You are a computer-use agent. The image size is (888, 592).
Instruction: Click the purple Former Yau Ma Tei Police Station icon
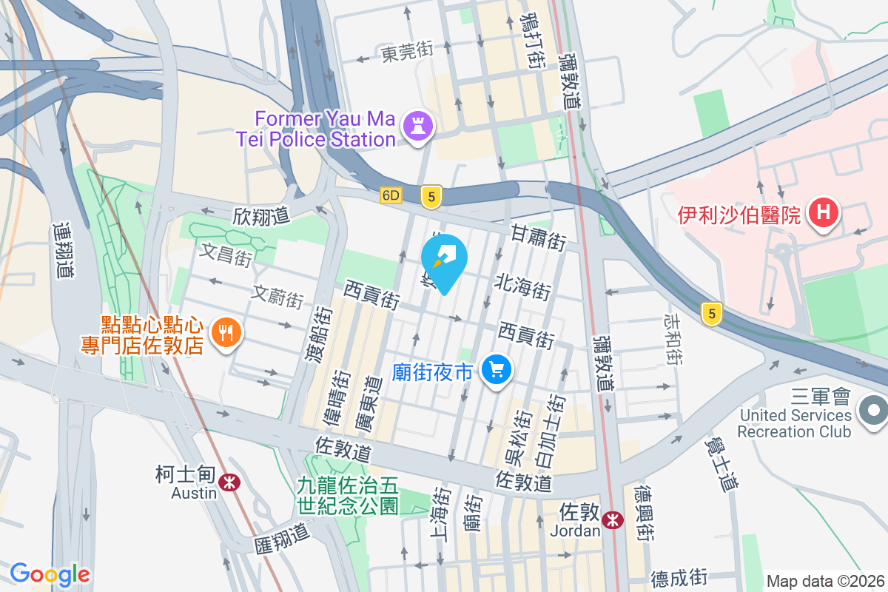point(417,127)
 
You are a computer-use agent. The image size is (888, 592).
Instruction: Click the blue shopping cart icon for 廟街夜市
point(497,369)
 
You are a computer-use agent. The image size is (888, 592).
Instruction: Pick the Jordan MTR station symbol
point(612,520)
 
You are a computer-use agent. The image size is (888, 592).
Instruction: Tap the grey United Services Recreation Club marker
point(873,410)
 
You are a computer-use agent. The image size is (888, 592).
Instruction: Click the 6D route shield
point(391,196)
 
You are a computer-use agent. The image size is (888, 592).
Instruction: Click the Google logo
point(50,573)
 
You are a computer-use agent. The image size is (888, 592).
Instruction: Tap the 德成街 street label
point(679,576)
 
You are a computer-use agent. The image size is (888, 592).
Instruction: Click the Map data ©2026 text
point(825,581)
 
